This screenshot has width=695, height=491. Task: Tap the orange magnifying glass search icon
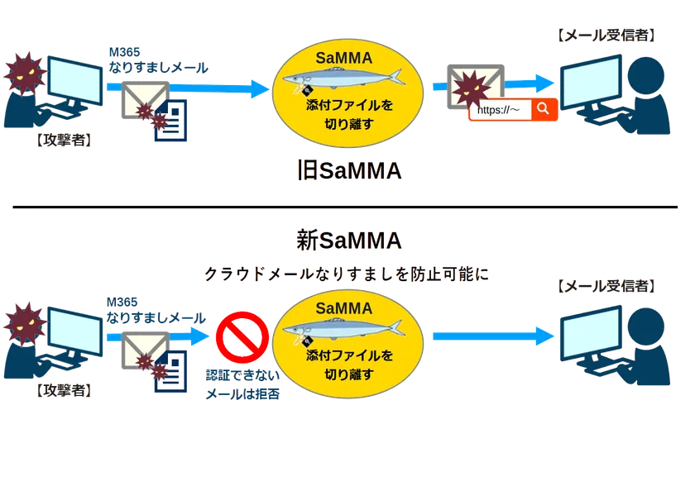pyautogui.click(x=543, y=109)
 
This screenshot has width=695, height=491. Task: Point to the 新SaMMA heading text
pyautogui.click(x=349, y=241)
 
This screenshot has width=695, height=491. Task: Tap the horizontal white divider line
pyautogui.click(x=347, y=203)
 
